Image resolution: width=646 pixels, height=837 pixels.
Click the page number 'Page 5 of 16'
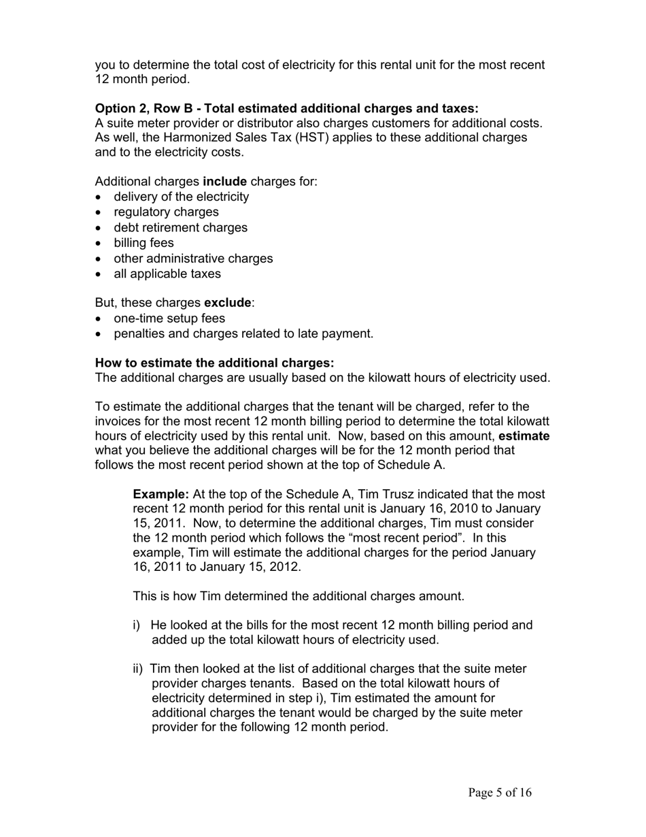pos(500,793)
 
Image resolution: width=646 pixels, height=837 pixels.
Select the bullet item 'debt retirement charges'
pos(180,228)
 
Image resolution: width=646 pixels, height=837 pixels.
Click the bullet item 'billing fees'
pos(143,243)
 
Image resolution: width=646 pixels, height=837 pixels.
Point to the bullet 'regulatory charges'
pos(166,212)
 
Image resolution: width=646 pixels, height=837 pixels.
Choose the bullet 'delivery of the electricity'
pos(181,197)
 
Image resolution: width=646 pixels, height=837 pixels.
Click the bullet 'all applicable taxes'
pos(167,274)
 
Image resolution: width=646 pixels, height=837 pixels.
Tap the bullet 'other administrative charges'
pos(193,259)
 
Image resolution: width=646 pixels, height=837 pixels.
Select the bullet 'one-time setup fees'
pos(169,318)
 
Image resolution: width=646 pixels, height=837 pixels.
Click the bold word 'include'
pos(224,182)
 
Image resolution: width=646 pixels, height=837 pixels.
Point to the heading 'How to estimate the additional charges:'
pos(214,363)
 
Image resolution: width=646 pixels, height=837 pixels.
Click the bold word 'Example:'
pos(160,495)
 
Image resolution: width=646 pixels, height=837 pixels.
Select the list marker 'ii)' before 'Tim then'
pos(138,669)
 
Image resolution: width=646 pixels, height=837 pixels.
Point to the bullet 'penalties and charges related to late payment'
pos(243,334)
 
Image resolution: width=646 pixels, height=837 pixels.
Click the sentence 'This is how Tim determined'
pos(298,597)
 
